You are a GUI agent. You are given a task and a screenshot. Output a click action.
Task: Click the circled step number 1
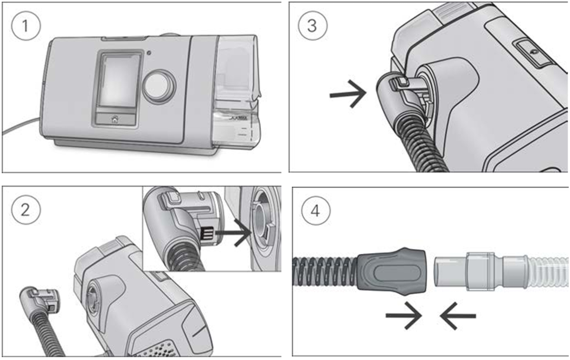click(26, 26)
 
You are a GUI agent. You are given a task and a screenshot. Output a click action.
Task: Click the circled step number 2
click(26, 210)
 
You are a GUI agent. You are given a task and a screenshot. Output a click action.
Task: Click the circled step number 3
click(312, 26)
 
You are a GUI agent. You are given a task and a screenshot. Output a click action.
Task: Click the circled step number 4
click(316, 210)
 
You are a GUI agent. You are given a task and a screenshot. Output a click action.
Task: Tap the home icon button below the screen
click(115, 119)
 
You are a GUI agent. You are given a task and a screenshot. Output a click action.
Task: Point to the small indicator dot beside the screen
click(149, 53)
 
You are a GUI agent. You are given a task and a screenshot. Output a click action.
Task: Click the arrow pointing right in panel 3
click(348, 93)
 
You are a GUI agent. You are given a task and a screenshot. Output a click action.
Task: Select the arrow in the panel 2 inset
click(233, 232)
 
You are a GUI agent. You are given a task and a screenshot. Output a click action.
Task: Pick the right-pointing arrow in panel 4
click(403, 315)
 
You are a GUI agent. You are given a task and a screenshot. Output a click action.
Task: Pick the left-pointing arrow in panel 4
click(458, 315)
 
